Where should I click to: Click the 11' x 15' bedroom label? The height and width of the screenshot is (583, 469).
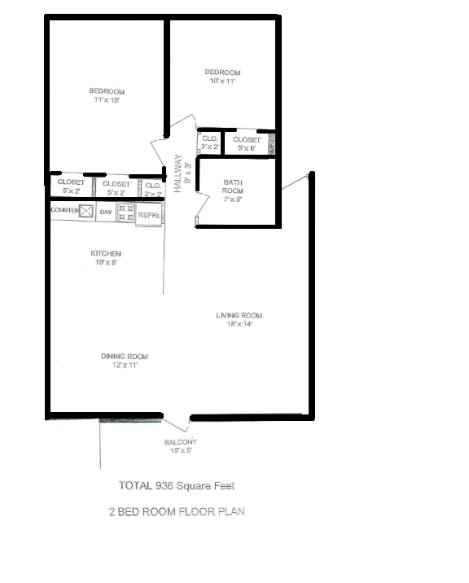[107, 94]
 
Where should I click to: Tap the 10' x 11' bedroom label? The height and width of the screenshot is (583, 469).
[222, 77]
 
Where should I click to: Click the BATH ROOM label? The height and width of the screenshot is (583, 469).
[233, 186]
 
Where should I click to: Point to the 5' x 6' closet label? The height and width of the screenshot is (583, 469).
[248, 144]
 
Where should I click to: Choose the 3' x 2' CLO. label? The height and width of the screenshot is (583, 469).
[210, 142]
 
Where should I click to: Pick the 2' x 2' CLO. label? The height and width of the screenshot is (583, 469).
[154, 189]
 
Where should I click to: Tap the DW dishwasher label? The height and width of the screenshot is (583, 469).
[106, 212]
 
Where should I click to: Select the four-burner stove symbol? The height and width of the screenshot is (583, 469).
[126, 213]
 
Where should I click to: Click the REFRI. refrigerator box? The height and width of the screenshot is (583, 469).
[148, 215]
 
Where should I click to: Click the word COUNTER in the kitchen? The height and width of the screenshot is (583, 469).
[64, 210]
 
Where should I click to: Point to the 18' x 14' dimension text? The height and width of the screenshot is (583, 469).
[239, 324]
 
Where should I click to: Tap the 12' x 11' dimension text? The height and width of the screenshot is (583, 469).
[125, 366]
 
